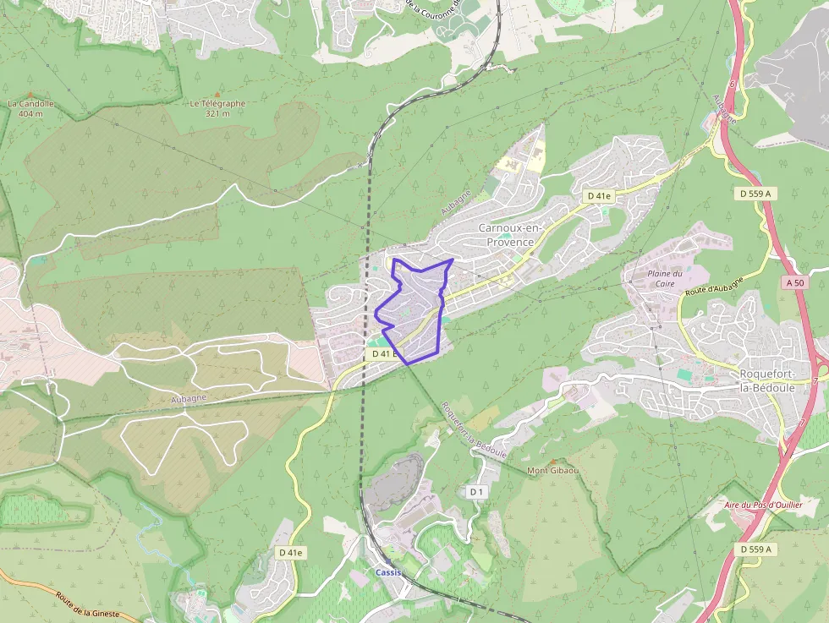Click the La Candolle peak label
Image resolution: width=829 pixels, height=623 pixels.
tap(30, 104)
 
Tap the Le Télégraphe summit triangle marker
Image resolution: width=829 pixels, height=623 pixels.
tap(217, 94)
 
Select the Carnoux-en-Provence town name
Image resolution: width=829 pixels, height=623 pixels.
tap(506, 235)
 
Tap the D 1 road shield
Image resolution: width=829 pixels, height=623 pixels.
tap(475, 492)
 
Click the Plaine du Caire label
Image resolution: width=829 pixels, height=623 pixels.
tap(664, 278)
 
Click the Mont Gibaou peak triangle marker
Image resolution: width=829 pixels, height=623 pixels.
tap(552, 462)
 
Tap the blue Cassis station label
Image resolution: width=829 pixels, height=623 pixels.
tap(389, 572)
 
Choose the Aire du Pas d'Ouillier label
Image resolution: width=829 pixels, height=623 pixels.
tap(762, 505)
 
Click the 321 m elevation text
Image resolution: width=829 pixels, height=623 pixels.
tap(217, 113)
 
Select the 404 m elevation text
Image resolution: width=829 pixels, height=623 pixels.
tap(30, 113)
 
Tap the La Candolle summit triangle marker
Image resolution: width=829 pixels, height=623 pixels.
tap(30, 95)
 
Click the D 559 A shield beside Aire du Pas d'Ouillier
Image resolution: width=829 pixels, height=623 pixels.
tap(755, 549)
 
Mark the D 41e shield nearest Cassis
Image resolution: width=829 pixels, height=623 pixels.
tap(290, 552)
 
